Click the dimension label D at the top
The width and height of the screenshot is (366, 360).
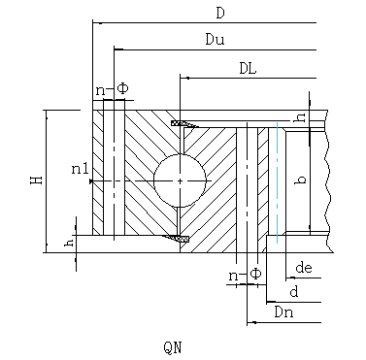(x=220, y=14)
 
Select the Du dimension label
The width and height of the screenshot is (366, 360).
(x=215, y=40)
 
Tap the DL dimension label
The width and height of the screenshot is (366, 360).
(x=248, y=68)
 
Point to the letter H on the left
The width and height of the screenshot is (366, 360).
(x=37, y=180)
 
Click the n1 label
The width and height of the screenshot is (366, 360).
(x=80, y=169)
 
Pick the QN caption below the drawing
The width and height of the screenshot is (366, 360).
(x=173, y=347)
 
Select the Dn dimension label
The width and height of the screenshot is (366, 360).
(x=283, y=312)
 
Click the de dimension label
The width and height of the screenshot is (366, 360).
(x=304, y=268)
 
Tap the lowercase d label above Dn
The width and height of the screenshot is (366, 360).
(x=294, y=291)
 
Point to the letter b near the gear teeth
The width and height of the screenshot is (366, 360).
(x=301, y=180)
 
